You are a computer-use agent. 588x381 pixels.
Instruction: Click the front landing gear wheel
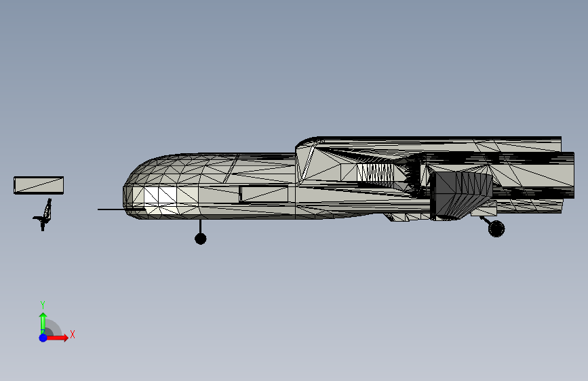(200, 238)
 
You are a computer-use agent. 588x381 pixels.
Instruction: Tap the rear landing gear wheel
(496, 228)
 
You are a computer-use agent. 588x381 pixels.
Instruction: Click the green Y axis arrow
(43, 319)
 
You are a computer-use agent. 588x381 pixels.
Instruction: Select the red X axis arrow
(60, 338)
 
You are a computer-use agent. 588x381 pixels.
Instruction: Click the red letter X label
(72, 334)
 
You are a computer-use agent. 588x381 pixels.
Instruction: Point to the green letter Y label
(42, 304)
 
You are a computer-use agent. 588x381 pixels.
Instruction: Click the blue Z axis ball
(43, 338)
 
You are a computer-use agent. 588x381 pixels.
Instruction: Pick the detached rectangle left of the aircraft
(39, 185)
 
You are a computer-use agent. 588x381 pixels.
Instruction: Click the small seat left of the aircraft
(45, 215)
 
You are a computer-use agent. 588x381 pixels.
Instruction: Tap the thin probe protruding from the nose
(115, 209)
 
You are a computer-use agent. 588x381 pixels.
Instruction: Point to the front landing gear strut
(200, 226)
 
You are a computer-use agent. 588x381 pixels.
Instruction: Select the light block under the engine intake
(483, 211)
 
